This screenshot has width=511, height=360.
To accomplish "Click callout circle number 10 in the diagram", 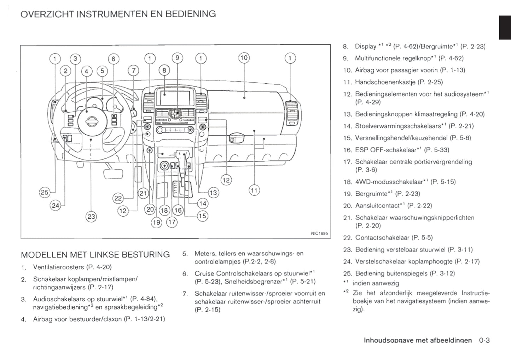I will [x=244, y=58].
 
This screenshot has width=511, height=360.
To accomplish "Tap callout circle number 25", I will [x=44, y=193].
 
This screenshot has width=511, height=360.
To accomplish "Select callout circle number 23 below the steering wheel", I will [x=91, y=216].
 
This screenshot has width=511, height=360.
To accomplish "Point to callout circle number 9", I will [x=177, y=58].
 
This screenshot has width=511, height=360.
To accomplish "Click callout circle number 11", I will [x=254, y=190].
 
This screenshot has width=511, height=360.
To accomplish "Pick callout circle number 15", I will [x=202, y=216].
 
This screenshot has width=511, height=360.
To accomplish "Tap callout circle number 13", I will [x=213, y=193].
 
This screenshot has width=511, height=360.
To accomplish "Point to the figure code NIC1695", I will [x=320, y=233].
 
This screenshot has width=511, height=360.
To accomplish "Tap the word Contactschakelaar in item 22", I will [x=382, y=238].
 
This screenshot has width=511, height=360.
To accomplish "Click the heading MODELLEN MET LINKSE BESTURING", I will [x=95, y=255].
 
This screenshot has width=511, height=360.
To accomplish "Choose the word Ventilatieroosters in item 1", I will [x=58, y=267].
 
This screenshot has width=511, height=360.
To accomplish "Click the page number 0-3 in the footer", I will [x=484, y=341].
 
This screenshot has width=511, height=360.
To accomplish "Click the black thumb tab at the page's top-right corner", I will [x=505, y=28].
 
